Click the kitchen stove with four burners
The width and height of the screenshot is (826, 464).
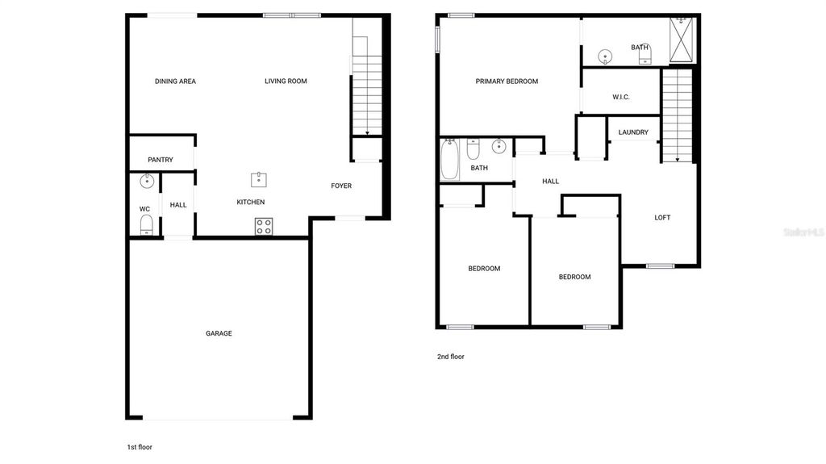[264, 227]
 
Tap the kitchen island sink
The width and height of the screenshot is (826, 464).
[259, 180]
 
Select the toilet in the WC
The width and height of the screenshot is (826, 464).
[147, 225]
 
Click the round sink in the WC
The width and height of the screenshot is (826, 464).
[147, 182]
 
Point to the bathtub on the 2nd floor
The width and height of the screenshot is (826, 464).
[449, 159]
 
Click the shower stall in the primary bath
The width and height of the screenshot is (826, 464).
[682, 40]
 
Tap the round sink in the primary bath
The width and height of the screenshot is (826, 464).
[605, 56]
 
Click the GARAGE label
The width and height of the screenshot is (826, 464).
[219, 333]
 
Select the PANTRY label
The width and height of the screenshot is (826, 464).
[161, 160]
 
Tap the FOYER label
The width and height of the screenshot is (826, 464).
[341, 186]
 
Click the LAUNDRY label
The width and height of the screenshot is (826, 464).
[633, 132]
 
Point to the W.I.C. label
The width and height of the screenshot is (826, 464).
[621, 97]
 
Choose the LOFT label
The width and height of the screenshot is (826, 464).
[662, 217]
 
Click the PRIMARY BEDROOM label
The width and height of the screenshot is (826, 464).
[507, 82]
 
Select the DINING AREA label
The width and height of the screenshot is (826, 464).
[175, 82]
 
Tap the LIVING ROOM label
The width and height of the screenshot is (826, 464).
[286, 82]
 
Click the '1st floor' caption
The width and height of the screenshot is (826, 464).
[140, 447]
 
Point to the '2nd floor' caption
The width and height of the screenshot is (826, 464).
[450, 357]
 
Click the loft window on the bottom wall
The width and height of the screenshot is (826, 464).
[660, 265]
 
